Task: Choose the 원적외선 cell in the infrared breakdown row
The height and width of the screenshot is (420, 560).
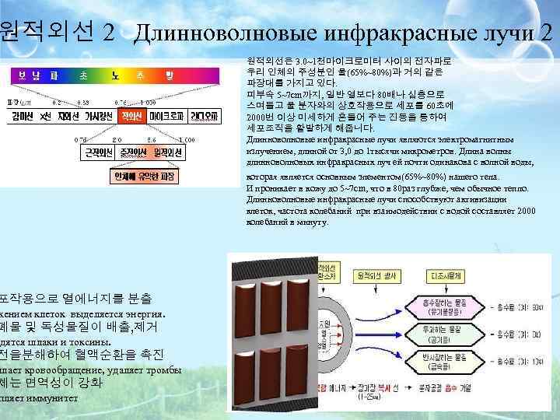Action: click(169, 152)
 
